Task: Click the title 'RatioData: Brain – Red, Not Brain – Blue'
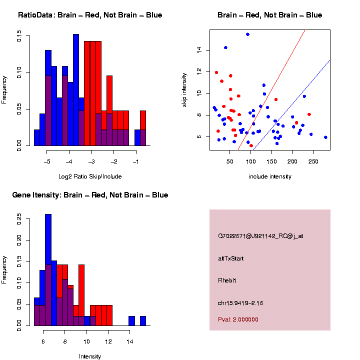point(90,15)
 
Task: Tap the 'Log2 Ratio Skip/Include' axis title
point(89,176)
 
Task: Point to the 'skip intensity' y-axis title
point(184,89)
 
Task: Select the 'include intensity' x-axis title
point(270,176)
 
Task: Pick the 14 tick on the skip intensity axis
point(198,50)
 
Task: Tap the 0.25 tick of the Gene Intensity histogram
point(19,218)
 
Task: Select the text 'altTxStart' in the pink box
point(230,258)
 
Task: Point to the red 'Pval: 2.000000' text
point(238,319)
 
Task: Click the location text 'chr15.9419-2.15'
point(240,302)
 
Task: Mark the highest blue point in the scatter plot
point(247,34)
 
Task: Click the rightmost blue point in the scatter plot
point(325,137)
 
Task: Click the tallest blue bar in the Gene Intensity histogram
point(48,270)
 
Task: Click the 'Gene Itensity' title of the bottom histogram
point(90,194)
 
